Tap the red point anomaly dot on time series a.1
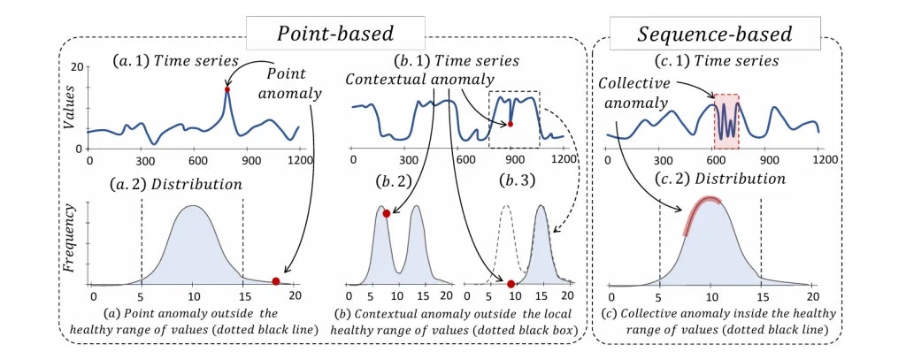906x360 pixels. [227, 90]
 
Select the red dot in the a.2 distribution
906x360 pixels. [275, 281]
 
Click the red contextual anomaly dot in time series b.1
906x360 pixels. [511, 124]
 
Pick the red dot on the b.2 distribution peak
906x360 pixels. [386, 213]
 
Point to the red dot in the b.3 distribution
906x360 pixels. [511, 283]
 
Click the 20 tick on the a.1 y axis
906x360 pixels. [76, 68]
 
